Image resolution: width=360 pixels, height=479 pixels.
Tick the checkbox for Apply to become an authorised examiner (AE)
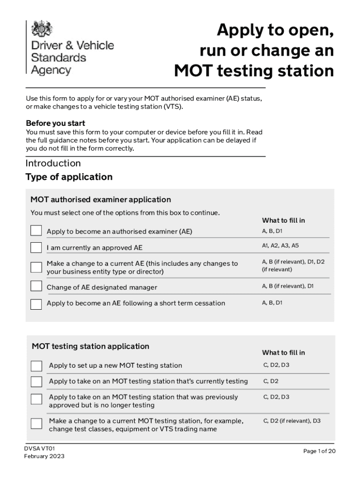point(36,231)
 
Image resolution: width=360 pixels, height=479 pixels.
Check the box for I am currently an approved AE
point(36,247)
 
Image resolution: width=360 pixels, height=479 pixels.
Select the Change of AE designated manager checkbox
point(36,286)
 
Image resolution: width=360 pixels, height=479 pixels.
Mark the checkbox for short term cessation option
point(36,304)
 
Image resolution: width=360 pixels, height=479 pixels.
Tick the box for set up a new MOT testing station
point(36,366)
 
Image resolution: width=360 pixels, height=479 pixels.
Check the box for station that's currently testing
point(36,382)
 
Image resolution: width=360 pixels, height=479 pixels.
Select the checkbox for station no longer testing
point(36,399)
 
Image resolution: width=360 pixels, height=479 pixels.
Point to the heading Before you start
point(55,123)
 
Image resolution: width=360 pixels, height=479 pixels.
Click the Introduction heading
point(53,163)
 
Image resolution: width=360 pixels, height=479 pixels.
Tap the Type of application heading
point(69,177)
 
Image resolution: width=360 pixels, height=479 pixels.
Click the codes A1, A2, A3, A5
point(280,246)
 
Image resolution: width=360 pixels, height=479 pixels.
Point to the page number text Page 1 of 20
point(319,451)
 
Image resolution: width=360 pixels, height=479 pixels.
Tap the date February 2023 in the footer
point(44,457)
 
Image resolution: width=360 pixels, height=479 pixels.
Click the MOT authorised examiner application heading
point(101,200)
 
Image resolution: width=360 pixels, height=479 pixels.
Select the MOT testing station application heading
point(90,347)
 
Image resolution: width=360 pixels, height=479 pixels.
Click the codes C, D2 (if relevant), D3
point(292,421)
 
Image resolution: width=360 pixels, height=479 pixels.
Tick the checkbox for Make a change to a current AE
point(36,267)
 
